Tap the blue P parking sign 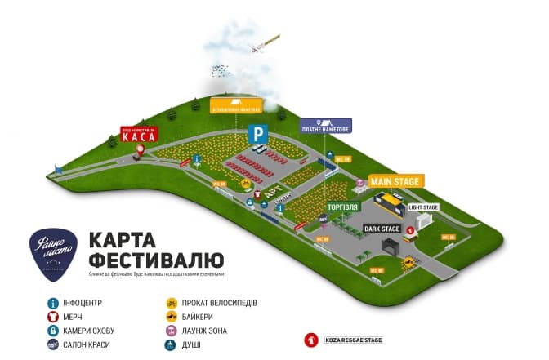click(257, 133)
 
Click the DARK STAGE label click(382, 229)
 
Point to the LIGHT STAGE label click(423, 207)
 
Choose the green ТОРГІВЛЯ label click(341, 207)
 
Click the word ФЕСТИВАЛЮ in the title click(154, 260)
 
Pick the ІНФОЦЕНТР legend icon click(51, 303)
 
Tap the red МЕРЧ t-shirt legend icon click(51, 317)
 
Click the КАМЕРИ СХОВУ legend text click(91, 331)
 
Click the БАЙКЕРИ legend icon click(172, 317)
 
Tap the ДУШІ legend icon click(172, 344)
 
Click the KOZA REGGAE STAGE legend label click(350, 340)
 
